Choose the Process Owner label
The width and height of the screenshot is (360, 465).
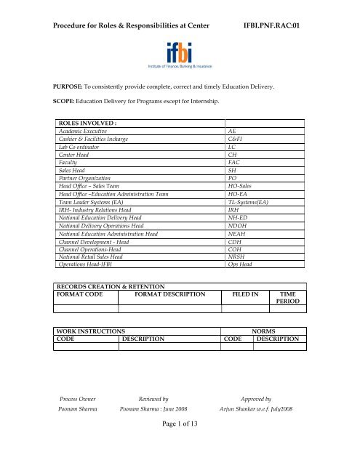(77, 420)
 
